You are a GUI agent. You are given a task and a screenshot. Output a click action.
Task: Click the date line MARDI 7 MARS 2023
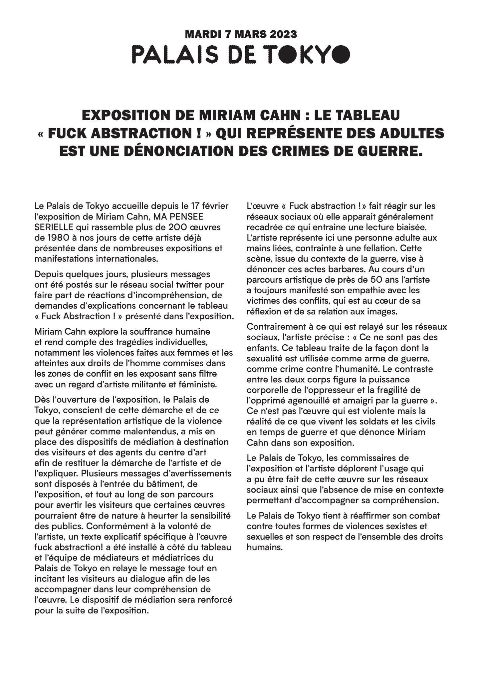tap(241, 34)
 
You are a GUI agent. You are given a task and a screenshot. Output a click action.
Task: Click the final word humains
tap(265, 547)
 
